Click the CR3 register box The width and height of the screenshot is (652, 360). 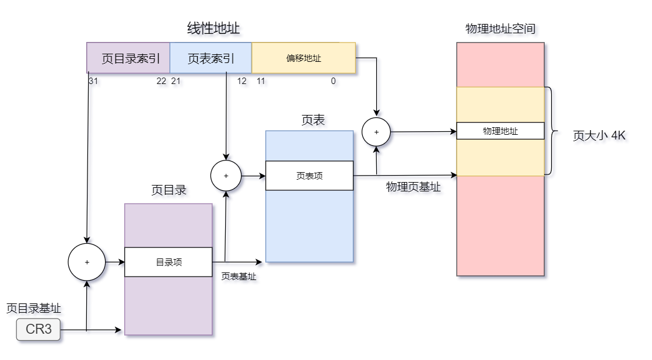tap(38, 330)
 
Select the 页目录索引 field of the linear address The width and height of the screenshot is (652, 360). tap(129, 58)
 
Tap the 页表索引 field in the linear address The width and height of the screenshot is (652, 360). tap(211, 58)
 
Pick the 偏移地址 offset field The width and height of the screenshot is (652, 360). tap(303, 58)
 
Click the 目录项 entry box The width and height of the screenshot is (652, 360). tap(169, 262)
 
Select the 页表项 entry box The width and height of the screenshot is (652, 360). tap(310, 176)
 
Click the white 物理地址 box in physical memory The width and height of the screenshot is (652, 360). tap(500, 131)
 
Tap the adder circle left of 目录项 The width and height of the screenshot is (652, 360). tap(87, 262)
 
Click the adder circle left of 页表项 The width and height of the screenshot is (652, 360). tap(226, 176)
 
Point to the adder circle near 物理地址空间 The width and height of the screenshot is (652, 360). tap(376, 132)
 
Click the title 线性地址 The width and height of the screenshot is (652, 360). tap(213, 28)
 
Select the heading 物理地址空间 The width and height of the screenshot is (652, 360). tap(500, 29)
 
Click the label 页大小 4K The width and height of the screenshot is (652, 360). tap(599, 136)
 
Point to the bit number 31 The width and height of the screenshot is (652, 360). tap(93, 81)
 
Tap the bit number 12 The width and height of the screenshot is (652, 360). tap(241, 81)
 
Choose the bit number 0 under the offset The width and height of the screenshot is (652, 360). tap(334, 81)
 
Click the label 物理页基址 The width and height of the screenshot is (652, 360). tap(413, 187)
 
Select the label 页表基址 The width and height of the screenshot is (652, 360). tap(239, 277)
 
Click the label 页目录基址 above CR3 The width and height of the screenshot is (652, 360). tap(34, 308)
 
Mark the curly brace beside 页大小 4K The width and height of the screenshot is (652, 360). tap(550, 131)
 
